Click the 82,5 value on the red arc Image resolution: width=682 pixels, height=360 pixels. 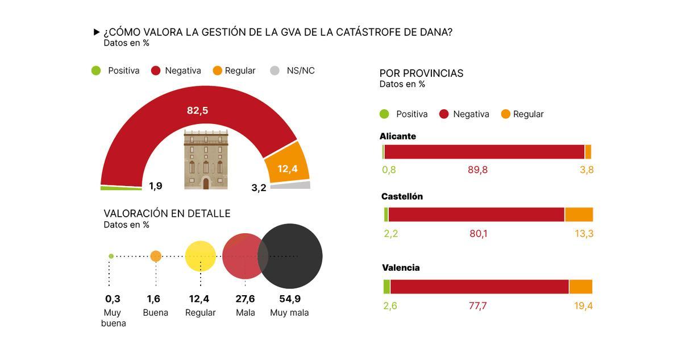(x=197, y=110)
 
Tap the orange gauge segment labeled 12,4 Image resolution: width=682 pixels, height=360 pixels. (x=288, y=165)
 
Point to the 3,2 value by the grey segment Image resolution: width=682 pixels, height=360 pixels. (x=259, y=188)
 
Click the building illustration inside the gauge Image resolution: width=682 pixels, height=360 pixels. (x=206, y=159)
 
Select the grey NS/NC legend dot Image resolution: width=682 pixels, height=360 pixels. (x=275, y=71)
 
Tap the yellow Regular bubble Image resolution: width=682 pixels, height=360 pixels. (x=201, y=256)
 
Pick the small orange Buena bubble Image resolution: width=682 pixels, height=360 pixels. (x=156, y=256)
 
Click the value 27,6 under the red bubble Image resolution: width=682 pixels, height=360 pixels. (x=245, y=299)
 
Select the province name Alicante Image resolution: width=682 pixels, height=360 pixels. (x=398, y=136)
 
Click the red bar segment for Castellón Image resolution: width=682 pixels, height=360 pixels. (x=476, y=214)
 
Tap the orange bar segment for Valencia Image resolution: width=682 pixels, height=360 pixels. (x=581, y=287)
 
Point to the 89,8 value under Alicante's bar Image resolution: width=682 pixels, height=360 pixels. (x=478, y=169)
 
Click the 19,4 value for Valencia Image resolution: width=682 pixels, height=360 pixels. (x=583, y=306)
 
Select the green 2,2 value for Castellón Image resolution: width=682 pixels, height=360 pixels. (x=391, y=233)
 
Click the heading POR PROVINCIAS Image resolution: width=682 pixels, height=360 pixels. (x=421, y=73)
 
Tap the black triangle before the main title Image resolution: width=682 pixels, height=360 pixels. (x=97, y=32)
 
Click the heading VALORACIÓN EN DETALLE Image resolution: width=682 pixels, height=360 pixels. (x=167, y=213)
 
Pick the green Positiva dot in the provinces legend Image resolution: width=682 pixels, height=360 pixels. (x=385, y=114)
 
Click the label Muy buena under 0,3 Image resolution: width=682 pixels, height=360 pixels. (x=113, y=318)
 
